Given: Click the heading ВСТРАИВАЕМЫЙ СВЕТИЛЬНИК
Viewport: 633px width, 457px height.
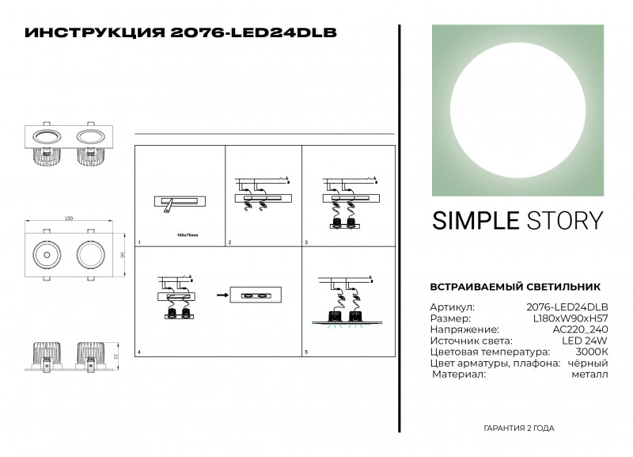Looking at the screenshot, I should click(514, 287).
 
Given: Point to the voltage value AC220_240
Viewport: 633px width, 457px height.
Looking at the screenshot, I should click(580, 329).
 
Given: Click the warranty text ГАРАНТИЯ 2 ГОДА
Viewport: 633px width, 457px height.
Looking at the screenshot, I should click(518, 428).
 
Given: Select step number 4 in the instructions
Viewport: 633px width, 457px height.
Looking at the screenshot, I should click(139, 352).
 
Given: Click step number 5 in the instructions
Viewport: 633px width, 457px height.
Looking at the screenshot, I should click(307, 352).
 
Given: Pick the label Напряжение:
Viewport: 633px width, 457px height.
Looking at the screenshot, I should click(464, 329).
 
